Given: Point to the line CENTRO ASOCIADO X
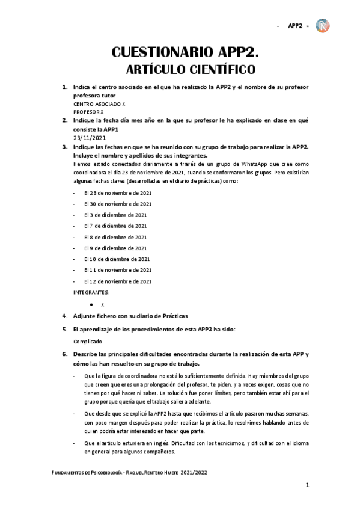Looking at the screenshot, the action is (99, 104).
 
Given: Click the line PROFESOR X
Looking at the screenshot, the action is (88, 112).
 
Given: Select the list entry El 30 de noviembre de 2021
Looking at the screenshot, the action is (118, 204).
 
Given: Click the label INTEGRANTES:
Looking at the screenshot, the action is (91, 292).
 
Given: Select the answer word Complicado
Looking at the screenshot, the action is (88, 340).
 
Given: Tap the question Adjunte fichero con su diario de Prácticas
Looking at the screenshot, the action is (130, 316).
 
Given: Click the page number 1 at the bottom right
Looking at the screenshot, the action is (307, 485).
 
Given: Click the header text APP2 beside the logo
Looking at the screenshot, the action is (294, 26).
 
